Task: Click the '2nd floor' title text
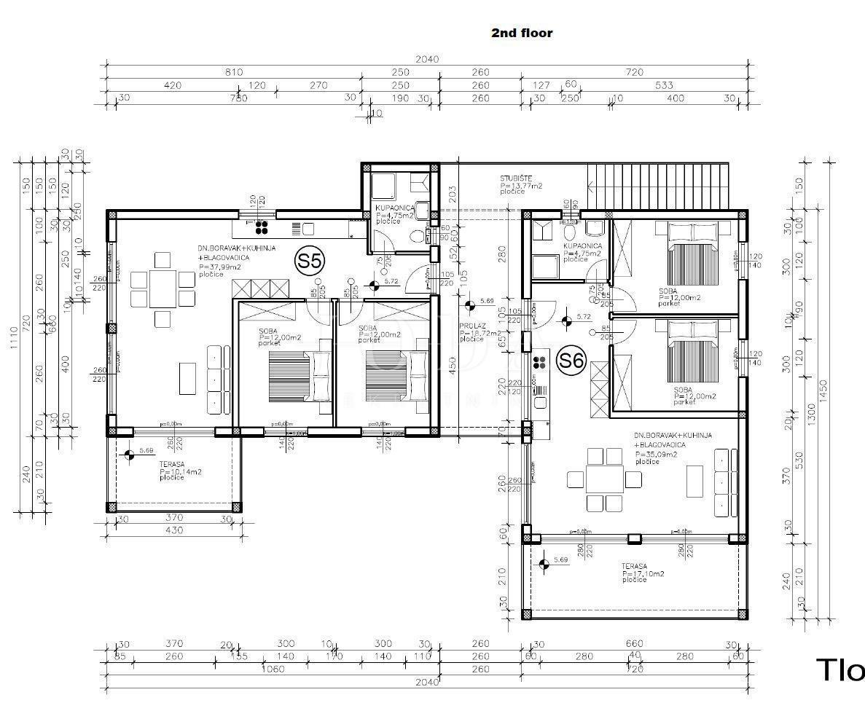(x=522, y=33)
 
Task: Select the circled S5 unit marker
(x=310, y=261)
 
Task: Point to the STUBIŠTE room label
(x=516, y=178)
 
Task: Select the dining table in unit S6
(x=605, y=479)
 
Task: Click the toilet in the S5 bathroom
(x=416, y=236)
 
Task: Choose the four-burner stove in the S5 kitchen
(x=262, y=225)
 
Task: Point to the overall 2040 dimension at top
(x=427, y=59)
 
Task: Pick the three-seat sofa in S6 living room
(x=721, y=482)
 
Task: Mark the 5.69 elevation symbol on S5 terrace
(x=129, y=455)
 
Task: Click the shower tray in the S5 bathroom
(x=383, y=186)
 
